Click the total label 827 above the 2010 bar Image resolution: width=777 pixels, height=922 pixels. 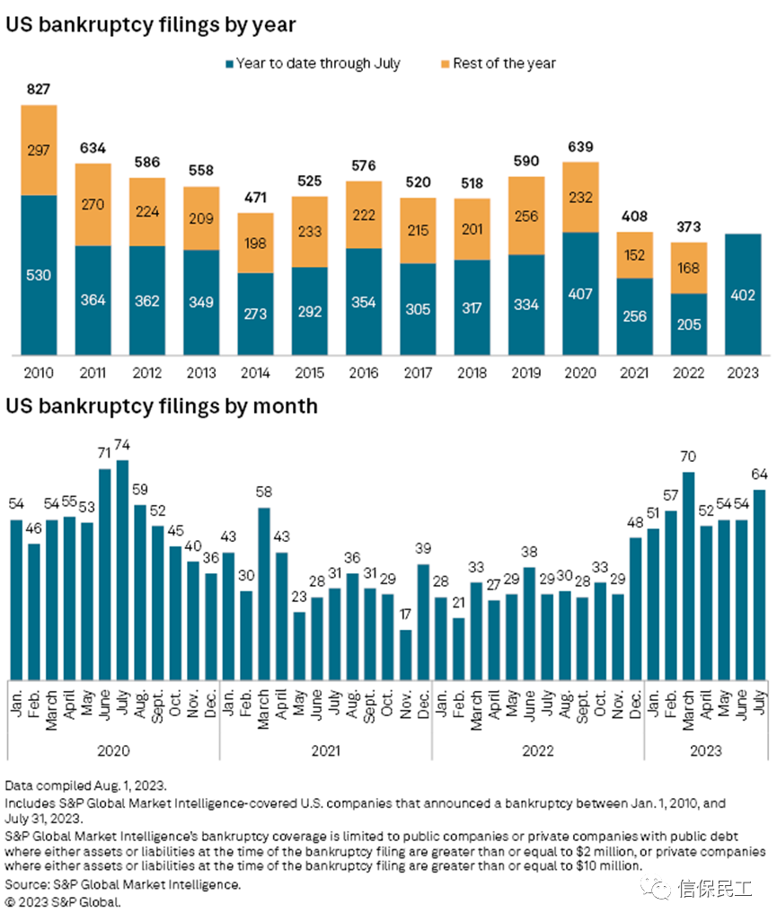(39, 89)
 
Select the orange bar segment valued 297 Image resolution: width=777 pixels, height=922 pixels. (39, 150)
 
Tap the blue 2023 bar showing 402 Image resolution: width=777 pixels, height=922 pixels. (743, 295)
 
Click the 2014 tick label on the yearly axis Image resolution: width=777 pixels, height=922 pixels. (255, 373)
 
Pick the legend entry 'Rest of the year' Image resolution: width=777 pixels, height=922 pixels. (499, 64)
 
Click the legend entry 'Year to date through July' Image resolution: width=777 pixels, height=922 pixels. (313, 64)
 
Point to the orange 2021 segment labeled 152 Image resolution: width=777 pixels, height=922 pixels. (635, 255)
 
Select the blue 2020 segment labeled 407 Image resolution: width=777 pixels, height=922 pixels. (580, 294)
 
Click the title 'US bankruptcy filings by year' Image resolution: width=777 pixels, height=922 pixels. (151, 24)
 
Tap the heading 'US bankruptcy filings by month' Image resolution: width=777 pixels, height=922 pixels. (162, 406)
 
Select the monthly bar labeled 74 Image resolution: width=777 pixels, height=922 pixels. (122, 570)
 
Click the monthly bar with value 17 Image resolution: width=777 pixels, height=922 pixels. (405, 655)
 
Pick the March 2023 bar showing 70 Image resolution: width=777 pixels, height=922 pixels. (688, 576)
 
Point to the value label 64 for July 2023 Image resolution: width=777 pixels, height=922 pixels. (759, 474)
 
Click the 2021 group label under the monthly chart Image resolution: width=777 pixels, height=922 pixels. (325, 751)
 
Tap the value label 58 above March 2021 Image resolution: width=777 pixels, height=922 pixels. (264, 492)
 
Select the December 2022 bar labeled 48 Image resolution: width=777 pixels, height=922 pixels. (635, 608)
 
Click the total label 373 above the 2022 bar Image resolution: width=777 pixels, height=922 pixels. (689, 227)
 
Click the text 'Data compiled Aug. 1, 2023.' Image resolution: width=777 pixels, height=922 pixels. (86, 785)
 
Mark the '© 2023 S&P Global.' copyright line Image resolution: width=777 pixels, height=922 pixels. (63, 902)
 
